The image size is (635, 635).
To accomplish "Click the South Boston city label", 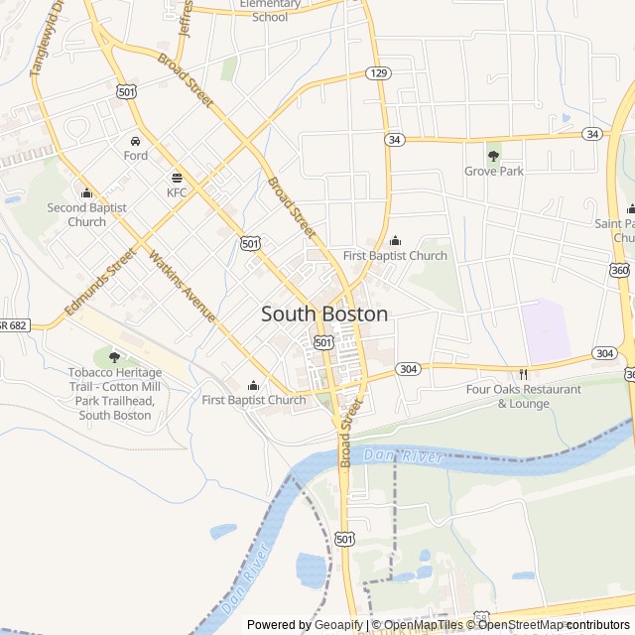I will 324,314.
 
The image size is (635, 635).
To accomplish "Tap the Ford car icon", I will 135,140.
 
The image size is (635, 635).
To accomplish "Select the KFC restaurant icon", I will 177,177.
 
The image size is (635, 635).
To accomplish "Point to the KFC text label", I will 177,191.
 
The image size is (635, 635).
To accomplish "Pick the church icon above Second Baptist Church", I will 86,192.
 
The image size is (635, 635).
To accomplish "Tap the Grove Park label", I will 494,171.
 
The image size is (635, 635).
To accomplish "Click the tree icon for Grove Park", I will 494,155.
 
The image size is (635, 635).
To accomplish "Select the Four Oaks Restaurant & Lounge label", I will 524,396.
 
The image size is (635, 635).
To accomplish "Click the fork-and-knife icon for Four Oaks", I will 523,374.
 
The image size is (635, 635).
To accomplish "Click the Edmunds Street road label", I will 99,283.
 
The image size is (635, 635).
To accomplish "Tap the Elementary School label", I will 270,10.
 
